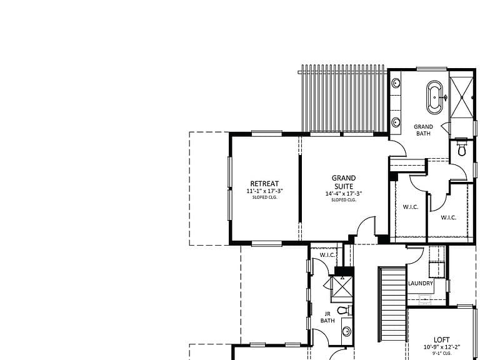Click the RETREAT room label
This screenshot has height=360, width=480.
(264, 184)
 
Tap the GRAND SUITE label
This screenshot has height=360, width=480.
(344, 182)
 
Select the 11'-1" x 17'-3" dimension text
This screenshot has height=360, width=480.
(264, 191)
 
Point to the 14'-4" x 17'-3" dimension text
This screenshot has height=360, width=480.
(344, 194)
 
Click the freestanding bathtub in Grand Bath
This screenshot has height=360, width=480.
(434, 97)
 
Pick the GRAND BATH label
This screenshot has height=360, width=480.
(423, 130)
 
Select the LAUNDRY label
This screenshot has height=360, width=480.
(421, 284)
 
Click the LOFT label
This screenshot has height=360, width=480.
(442, 339)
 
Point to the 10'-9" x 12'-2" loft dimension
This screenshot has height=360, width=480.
(442, 347)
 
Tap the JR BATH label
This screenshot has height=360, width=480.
(327, 317)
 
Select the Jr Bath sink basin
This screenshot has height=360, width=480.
(346, 331)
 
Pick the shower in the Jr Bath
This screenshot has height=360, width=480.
(342, 287)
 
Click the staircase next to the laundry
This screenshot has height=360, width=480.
(392, 304)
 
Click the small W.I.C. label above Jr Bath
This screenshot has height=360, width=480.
(327, 255)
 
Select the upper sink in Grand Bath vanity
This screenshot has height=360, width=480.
(396, 83)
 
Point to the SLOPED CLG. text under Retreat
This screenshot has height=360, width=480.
(264, 197)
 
